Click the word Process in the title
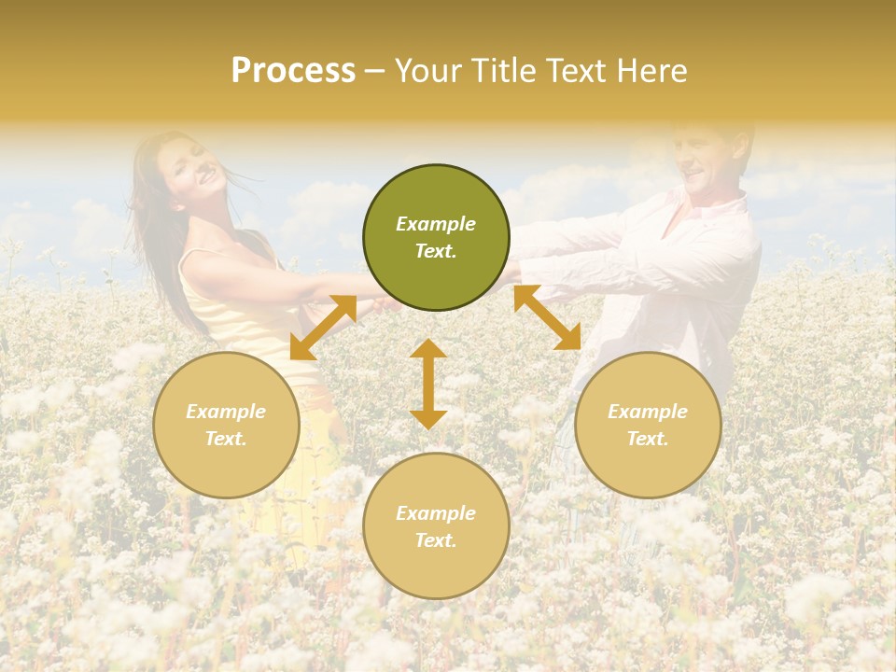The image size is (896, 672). tap(293, 71)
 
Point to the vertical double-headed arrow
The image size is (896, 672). tap(428, 384)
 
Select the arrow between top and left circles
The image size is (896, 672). tap(323, 328)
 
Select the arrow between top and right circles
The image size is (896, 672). tap(547, 317)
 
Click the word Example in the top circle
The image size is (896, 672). tap(436, 224)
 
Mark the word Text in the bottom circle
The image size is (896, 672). tap(436, 540)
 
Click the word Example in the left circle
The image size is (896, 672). tap(226, 412)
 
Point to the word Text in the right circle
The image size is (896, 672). tap(648, 439)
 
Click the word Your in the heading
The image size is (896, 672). tap(430, 71)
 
